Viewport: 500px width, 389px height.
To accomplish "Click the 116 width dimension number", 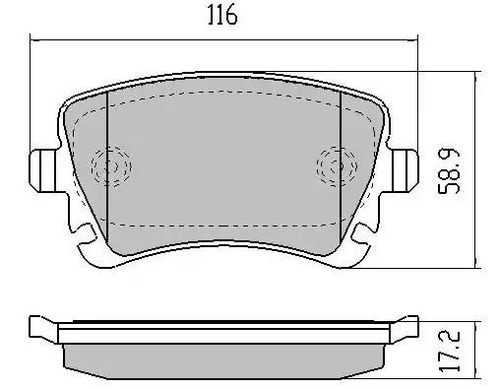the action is coord(222,15).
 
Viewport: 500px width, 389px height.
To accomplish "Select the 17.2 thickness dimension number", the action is coord(450,351).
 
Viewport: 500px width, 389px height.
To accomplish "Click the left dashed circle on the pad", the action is coord(111,166).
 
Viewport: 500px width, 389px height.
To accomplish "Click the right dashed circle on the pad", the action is coord(337,166).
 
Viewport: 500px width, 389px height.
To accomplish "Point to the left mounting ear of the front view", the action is coord(44,170).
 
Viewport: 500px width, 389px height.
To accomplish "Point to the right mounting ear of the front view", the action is coord(405,170).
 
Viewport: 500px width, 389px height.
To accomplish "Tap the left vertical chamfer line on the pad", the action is coord(107,167).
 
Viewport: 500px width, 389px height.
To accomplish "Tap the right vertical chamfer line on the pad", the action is coord(341,167).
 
